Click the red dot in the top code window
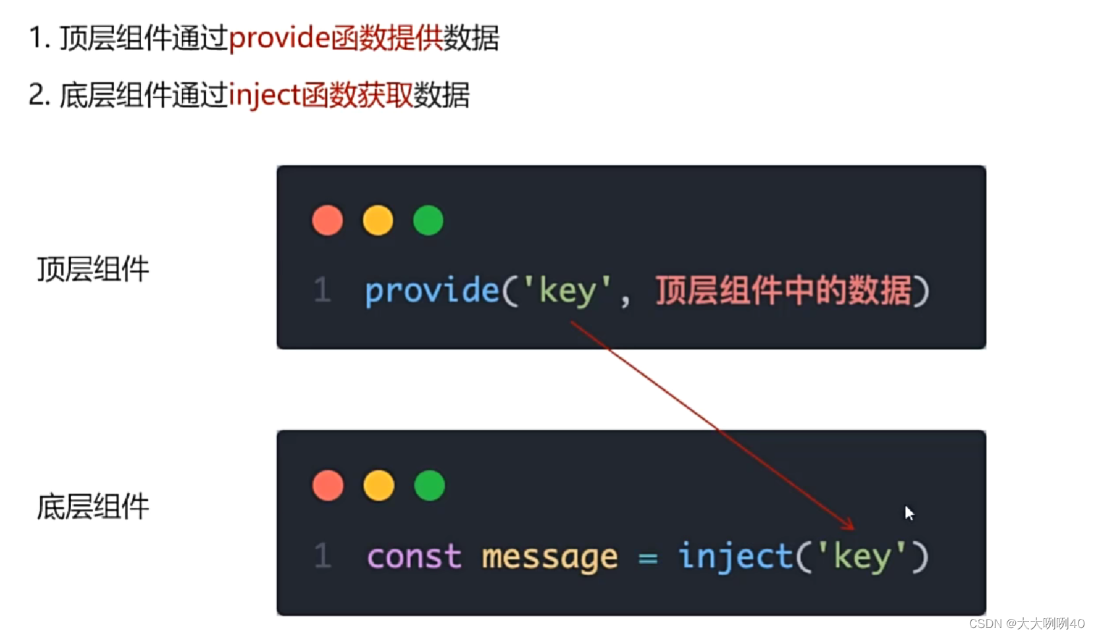point(327,220)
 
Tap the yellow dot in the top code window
point(378,220)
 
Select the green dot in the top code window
point(428,220)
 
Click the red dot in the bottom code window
point(328,486)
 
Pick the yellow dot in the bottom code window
point(379,486)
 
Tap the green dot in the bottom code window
point(430,486)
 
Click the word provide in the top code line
point(432,291)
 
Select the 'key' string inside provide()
point(567,291)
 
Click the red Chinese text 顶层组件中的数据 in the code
point(783,291)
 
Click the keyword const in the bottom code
point(414,557)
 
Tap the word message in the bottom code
point(549,558)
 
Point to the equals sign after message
point(648,559)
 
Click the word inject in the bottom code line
point(735,556)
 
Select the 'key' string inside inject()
point(862,557)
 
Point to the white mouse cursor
point(909,513)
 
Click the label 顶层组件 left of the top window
point(93,269)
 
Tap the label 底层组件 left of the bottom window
point(93,507)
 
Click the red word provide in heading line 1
point(279,38)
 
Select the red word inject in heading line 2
point(264,95)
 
